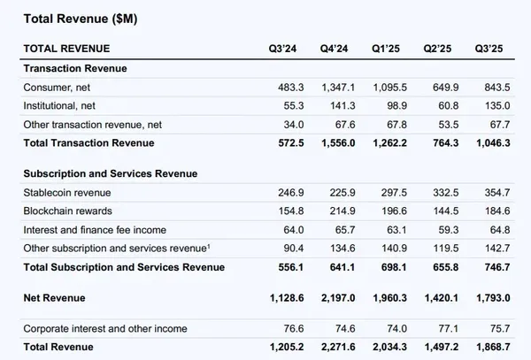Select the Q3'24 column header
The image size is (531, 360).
click(281, 48)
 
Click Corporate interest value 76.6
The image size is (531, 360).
click(283, 328)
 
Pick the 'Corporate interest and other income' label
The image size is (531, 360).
click(105, 328)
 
